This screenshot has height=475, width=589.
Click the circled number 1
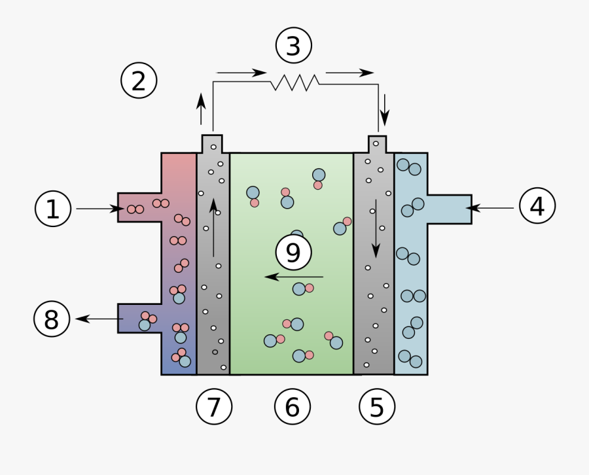coord(53,209)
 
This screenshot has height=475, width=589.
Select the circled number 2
coord(139,81)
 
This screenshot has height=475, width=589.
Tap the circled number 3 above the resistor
coord(294,46)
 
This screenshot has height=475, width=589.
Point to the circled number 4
coord(537,207)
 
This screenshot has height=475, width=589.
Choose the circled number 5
coord(378,407)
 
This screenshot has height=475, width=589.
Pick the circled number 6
coord(292,407)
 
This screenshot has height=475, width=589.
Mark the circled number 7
coord(214,407)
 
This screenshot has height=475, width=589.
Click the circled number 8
coord(52,319)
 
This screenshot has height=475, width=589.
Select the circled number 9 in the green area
coord(294,253)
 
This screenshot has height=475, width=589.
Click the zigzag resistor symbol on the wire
coord(295,82)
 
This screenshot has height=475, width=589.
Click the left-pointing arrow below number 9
coord(294,277)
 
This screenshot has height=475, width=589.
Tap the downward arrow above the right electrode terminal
coord(385,109)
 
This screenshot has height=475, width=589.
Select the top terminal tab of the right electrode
coord(378,143)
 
